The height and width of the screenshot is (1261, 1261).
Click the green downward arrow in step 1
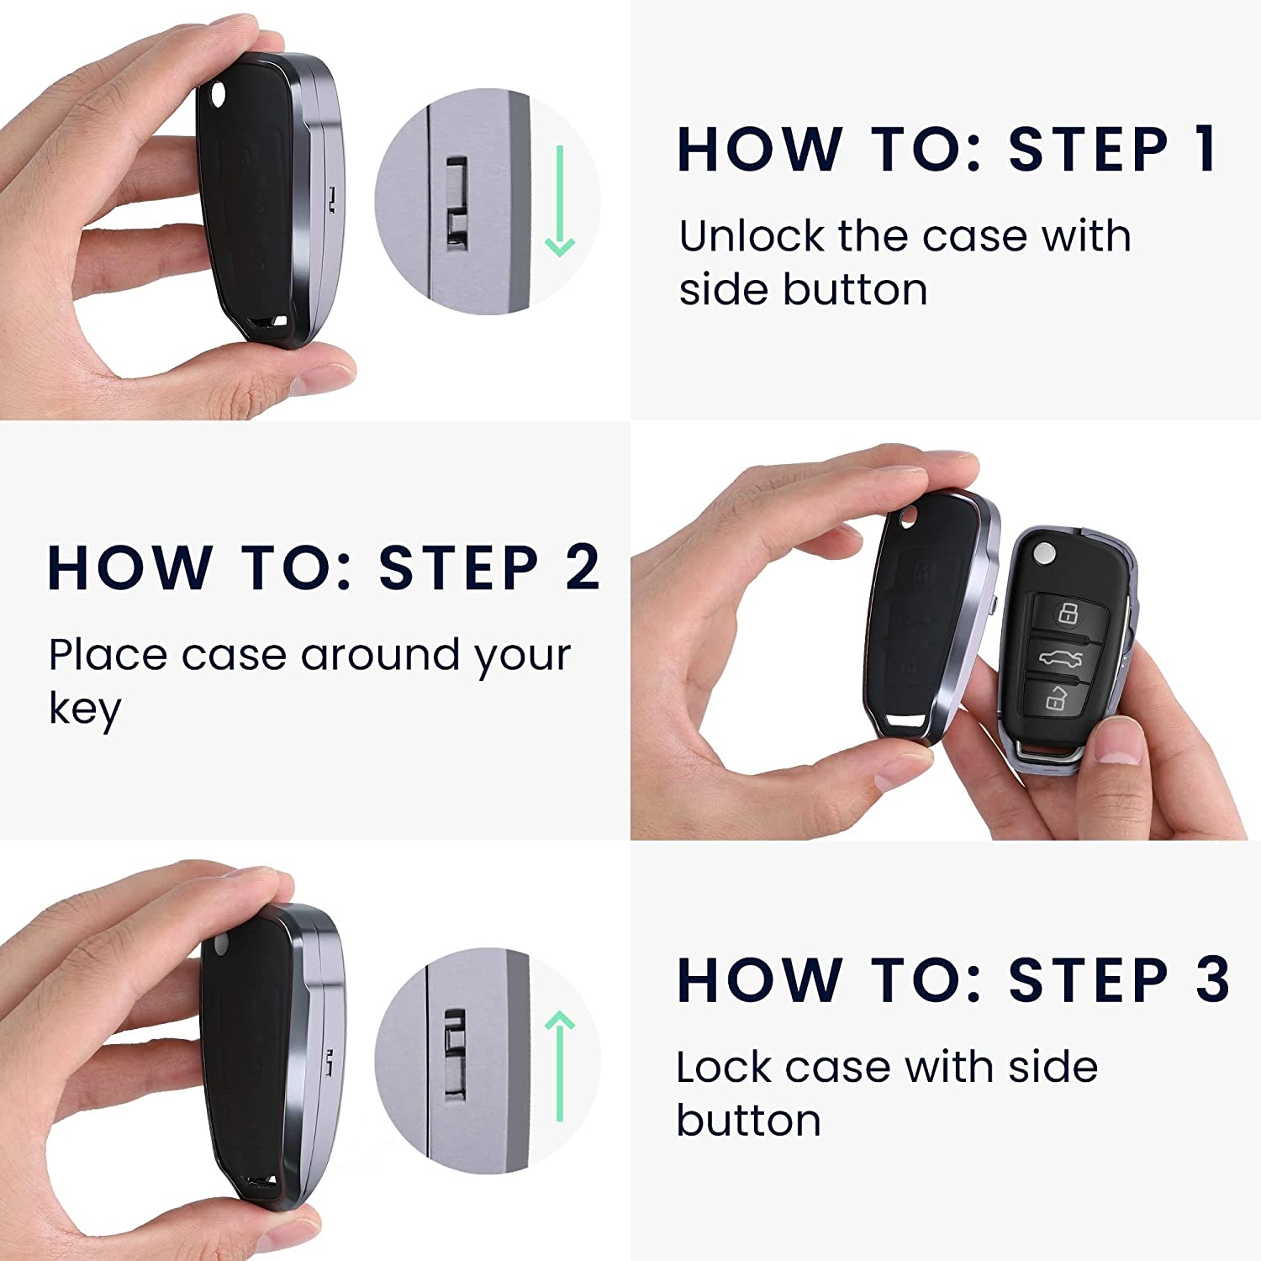(559, 201)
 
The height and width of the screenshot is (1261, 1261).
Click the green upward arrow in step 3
(559, 1066)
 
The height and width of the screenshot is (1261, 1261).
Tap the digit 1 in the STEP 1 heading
(1206, 150)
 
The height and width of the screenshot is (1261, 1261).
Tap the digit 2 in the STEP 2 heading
(582, 567)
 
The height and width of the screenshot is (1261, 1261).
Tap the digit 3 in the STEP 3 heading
(1212, 979)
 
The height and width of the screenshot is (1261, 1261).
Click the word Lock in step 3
(724, 1067)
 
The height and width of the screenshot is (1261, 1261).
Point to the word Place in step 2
(107, 655)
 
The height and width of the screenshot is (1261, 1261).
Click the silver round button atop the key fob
(1044, 552)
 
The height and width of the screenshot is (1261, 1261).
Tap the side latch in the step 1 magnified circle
(456, 203)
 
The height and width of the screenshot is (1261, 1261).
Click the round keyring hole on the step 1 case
(220, 95)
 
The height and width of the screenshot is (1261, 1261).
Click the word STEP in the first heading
(1089, 150)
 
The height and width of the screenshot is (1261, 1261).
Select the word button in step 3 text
(748, 1121)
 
